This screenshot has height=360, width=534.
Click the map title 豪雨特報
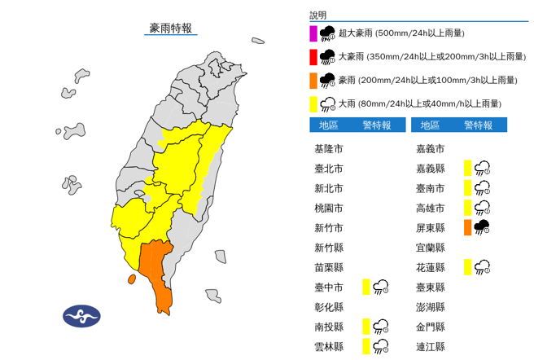coord(171,29)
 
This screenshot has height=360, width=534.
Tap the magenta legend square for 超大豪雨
coord(313,33)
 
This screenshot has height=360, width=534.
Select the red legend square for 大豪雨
coord(313,57)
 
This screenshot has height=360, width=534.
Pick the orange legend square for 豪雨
coord(313,80)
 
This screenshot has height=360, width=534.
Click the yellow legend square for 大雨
coord(313,103)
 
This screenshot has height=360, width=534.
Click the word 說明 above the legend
coord(317,15)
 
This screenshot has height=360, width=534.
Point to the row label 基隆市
coord(328,149)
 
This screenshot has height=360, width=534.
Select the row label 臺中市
coord(328,287)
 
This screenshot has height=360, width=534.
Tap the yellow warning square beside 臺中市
coord(366,286)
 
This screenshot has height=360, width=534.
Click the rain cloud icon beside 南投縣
coord(380,327)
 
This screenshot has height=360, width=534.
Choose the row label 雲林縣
coord(328,346)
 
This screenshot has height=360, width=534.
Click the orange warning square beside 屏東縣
coord(468,227)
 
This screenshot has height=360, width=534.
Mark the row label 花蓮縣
coord(429,267)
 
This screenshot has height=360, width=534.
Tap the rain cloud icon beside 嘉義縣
coord(482,168)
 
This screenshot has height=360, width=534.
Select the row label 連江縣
coord(429,346)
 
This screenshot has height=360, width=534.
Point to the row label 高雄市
coord(429,208)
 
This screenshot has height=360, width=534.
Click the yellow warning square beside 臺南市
coord(468,188)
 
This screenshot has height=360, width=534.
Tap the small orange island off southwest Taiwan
coord(131,279)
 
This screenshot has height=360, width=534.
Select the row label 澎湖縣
coord(429,307)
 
